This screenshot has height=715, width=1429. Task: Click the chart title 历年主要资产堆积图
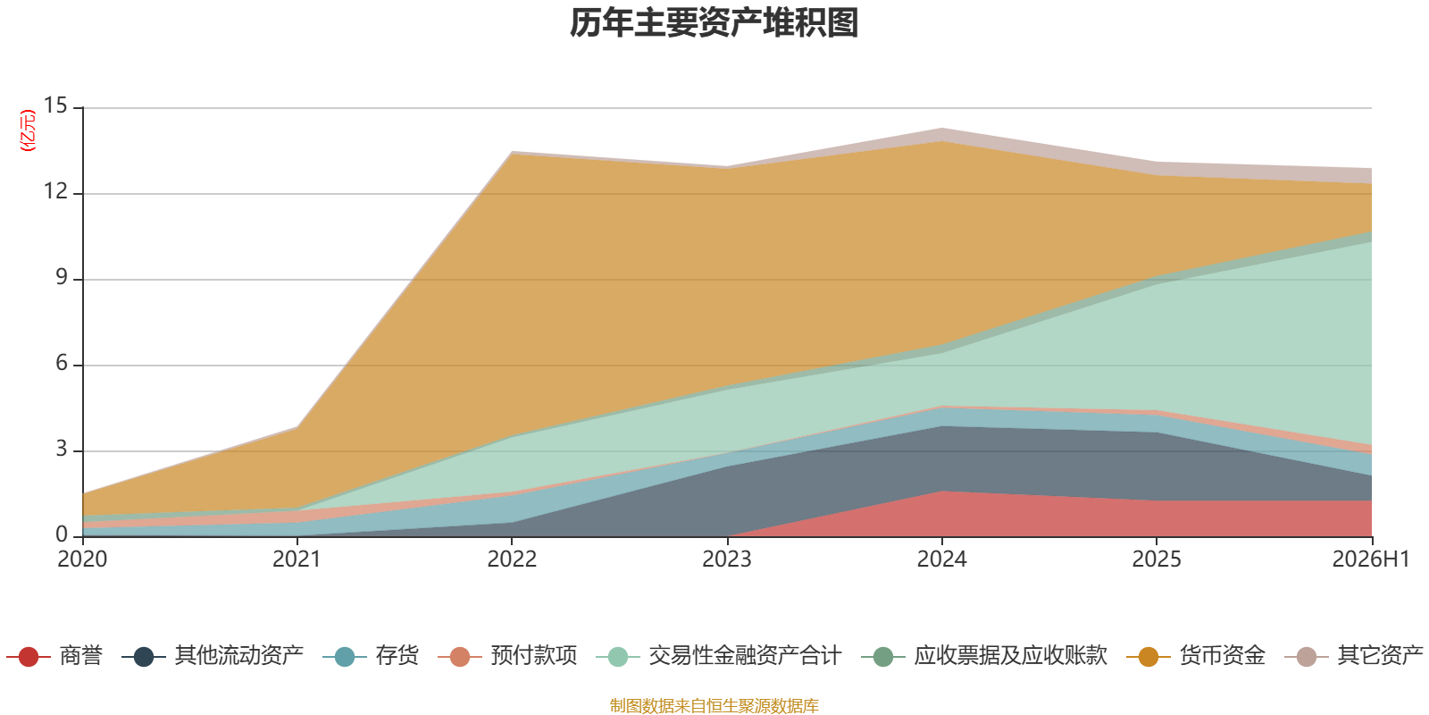714,23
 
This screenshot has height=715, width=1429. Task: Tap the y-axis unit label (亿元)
28,130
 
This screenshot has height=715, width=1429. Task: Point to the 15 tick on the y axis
55,105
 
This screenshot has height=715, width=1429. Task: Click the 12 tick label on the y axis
55,191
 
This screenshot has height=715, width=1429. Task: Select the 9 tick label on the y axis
62,277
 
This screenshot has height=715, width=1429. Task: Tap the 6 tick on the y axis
62,363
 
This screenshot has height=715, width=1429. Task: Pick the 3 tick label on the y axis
62,449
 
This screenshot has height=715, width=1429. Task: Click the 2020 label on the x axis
82,559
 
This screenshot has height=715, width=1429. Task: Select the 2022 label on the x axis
513,559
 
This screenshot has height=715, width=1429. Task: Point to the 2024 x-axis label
941,559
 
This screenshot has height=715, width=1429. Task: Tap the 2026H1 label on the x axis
1371,559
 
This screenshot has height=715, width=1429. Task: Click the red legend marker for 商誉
28,656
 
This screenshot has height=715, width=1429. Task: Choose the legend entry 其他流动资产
213,656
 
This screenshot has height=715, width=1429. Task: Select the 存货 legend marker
345,656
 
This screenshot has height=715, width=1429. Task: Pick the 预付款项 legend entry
508,656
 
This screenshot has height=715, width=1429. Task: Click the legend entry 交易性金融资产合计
719,656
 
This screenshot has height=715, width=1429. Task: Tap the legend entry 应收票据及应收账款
984,656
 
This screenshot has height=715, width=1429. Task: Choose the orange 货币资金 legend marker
1149,656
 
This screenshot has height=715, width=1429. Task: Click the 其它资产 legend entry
1354,656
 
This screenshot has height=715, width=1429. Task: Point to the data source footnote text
714,705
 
